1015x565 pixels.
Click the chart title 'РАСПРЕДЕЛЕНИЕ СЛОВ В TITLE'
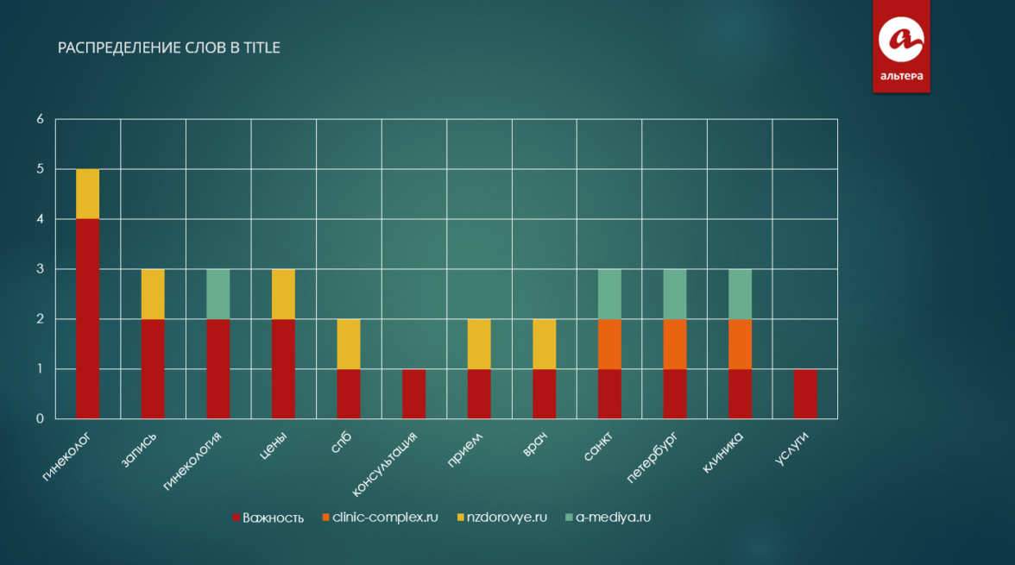(169, 48)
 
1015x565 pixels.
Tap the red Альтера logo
(901, 45)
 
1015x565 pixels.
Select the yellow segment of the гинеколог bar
(87, 194)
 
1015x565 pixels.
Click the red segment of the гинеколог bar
(87, 318)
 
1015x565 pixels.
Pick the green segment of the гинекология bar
(218, 294)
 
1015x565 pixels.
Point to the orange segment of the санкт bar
(609, 344)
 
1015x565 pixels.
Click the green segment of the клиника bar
(740, 294)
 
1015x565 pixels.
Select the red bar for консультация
(413, 393)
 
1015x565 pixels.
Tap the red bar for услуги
(805, 393)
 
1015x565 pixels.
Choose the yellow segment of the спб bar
(349, 344)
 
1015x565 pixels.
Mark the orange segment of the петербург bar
(675, 344)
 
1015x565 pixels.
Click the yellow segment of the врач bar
(544, 344)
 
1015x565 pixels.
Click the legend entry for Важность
(268, 518)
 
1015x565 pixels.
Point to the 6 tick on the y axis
(40, 119)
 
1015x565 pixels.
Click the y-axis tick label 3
(40, 269)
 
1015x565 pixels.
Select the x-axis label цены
(273, 445)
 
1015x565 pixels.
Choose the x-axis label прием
(464, 449)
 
